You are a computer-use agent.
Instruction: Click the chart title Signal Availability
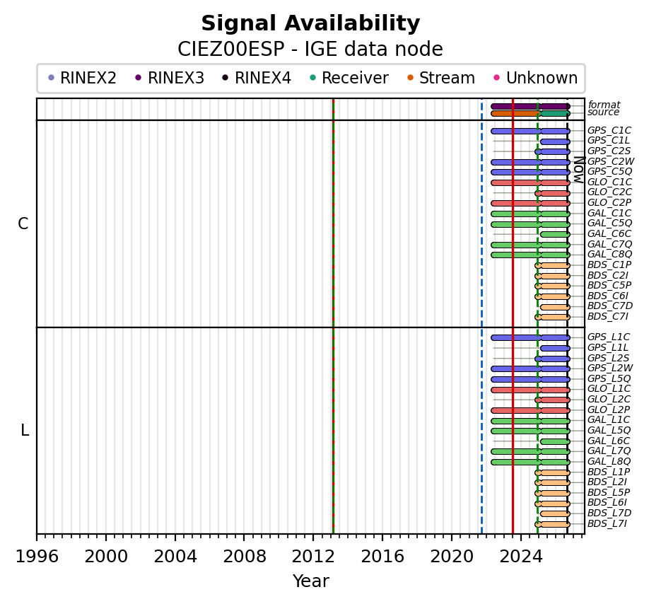click(310, 23)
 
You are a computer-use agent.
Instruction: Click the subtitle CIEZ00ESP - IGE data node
click(310, 50)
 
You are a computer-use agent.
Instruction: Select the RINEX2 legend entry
click(83, 78)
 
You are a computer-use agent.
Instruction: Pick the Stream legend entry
click(441, 78)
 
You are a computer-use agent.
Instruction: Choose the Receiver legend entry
click(349, 78)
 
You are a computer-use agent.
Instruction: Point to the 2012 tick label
click(313, 557)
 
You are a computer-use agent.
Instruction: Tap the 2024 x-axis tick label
click(521, 557)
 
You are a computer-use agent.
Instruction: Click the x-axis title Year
click(311, 581)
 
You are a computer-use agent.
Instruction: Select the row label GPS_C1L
click(607, 141)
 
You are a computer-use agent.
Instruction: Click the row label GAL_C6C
click(609, 234)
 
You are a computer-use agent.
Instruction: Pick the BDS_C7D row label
click(610, 306)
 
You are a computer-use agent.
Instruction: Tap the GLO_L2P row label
click(609, 410)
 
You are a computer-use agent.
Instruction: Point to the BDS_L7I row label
click(607, 523)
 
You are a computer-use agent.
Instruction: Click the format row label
click(604, 105)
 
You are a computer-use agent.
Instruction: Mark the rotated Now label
click(579, 170)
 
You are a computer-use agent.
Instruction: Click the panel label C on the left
click(23, 223)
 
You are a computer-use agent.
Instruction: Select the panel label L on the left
click(25, 431)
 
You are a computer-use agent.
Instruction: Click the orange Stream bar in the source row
click(516, 113)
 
